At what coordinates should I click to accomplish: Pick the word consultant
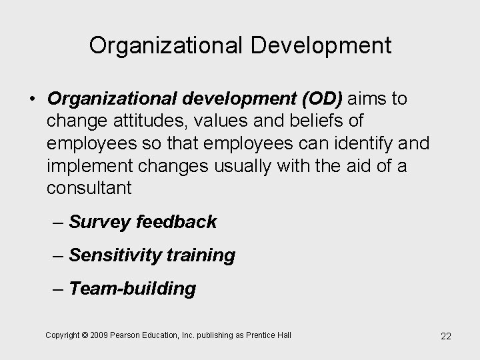pos(89,188)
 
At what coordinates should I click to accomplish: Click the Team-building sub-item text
pos(132,289)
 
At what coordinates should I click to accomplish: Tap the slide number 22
pos(446,336)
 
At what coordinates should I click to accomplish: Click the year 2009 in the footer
pos(103,335)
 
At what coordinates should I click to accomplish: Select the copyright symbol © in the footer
pos(86,335)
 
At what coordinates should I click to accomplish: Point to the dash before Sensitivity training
pos(58,255)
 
